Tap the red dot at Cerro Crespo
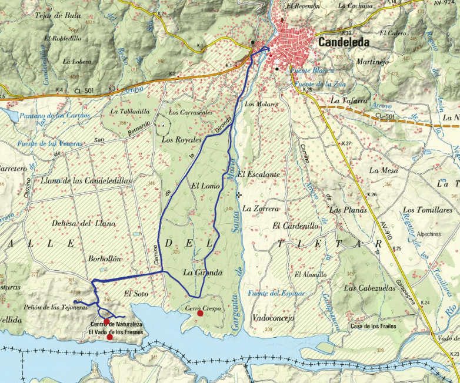click(x=200, y=314)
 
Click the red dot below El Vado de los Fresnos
click(x=109, y=337)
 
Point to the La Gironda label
click(x=202, y=272)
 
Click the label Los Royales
click(x=181, y=140)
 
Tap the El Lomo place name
click(x=205, y=186)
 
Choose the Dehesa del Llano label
click(x=69, y=223)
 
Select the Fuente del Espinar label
click(x=276, y=293)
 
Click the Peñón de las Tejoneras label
click(x=51, y=307)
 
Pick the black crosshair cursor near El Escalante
click(x=238, y=194)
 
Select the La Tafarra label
click(x=348, y=100)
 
